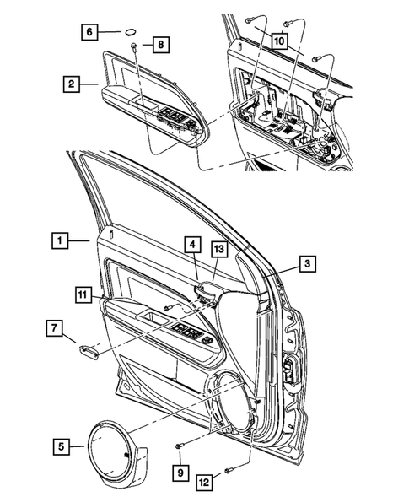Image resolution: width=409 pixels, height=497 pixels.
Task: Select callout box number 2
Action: (x=73, y=84)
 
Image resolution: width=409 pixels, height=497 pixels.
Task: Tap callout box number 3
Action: (x=309, y=265)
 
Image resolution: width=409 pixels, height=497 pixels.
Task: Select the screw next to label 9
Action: (x=180, y=446)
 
